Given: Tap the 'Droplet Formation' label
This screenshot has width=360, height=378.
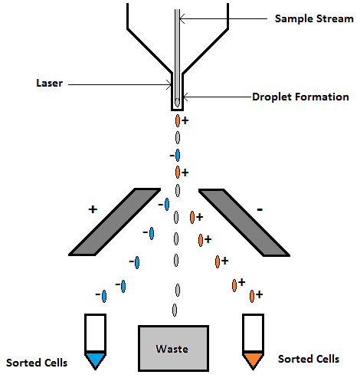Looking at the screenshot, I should point(300,97).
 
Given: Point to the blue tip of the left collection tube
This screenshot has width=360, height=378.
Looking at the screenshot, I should point(96,359).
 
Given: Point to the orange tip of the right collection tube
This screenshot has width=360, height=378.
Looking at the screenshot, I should point(253,359).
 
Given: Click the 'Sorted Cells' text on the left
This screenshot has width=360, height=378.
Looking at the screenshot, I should point(36,362).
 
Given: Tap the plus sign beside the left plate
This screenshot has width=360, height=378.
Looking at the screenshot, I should point(93,209).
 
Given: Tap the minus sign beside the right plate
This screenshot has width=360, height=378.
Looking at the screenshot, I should point(261,208).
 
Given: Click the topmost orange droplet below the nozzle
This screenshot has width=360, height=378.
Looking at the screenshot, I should point(178,121).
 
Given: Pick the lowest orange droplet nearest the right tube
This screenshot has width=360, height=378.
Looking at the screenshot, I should point(250,294).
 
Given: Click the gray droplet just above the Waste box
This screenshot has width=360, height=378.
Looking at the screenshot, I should point(175,311).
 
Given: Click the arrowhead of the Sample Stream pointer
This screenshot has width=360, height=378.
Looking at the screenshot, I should point(180,17).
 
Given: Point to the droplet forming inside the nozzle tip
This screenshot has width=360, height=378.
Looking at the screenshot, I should point(178,101).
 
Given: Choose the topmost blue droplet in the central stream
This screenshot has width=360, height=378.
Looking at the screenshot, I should point(178,156).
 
